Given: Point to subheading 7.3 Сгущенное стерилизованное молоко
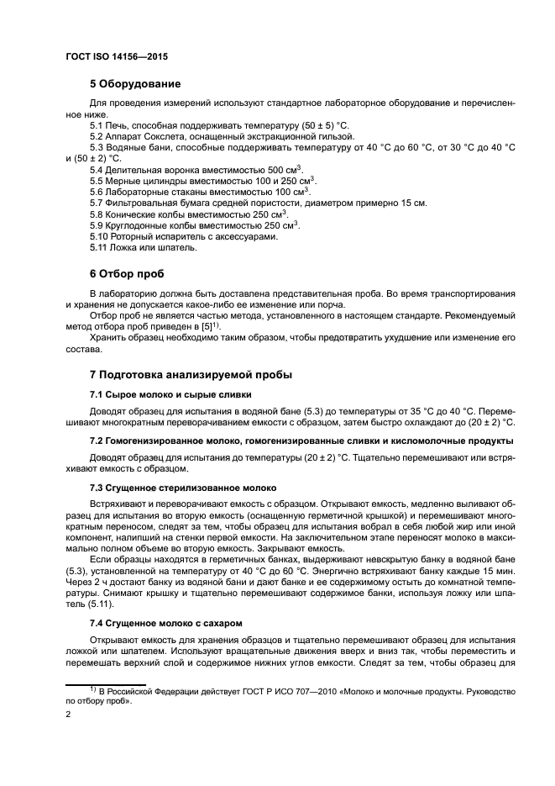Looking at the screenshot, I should (x=182, y=488).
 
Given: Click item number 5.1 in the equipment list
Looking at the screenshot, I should (x=98, y=124).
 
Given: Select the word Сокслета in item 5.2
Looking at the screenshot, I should (x=166, y=136).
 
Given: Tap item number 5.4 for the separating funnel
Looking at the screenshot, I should (x=98, y=170).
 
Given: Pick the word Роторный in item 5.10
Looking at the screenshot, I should (x=129, y=237).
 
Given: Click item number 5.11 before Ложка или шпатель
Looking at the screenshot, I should (x=100, y=248).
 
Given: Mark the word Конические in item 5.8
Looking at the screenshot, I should (x=134, y=214).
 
